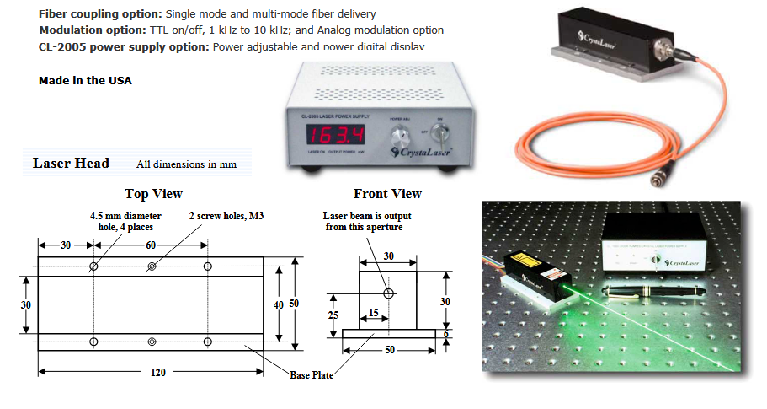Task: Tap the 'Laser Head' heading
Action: click(71, 164)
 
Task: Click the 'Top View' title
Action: click(153, 194)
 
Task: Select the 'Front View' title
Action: click(387, 194)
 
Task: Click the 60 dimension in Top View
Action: click(151, 245)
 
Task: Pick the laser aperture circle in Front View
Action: click(388, 293)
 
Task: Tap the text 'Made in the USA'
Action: click(85, 81)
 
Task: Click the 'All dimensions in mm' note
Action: click(186, 164)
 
